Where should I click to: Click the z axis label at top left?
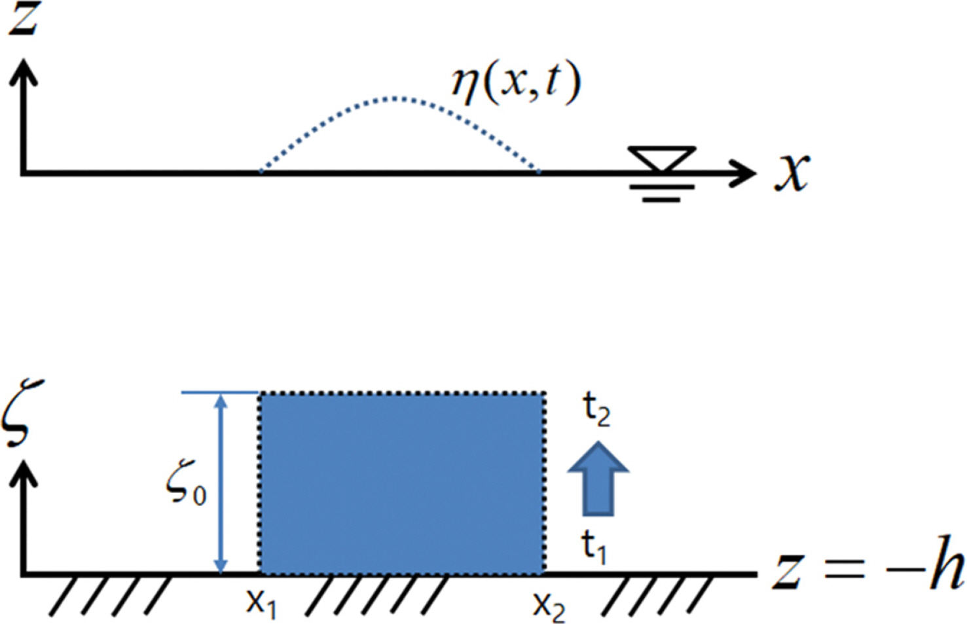[25, 19]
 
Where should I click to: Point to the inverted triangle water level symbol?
[662, 159]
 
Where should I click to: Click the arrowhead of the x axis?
[744, 173]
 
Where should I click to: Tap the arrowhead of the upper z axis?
[24, 71]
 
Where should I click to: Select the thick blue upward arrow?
[598, 479]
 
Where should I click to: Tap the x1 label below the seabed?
[262, 603]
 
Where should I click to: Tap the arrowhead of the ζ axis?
[24, 473]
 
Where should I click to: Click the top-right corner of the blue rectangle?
[545, 392]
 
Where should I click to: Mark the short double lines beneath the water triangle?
[662, 193]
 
